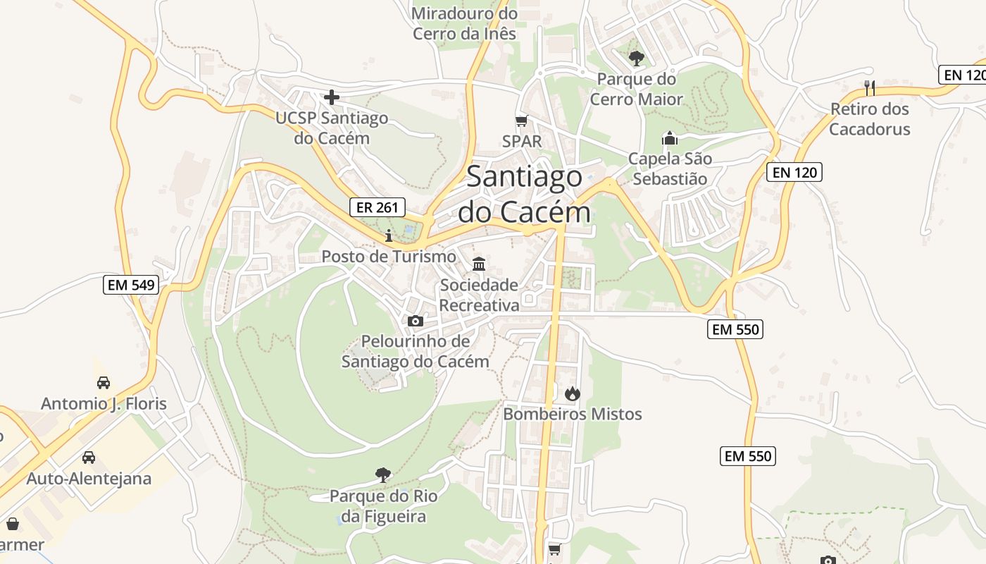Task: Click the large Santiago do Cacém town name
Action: [x=524, y=194]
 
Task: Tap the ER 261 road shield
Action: [x=377, y=207]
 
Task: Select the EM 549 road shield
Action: [x=131, y=285]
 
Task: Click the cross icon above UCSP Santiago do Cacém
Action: [x=332, y=97]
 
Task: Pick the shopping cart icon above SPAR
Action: [x=522, y=121]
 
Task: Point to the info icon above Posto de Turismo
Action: [x=388, y=235]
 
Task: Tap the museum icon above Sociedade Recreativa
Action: [x=480, y=264]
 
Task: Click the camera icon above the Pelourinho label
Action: [x=416, y=321]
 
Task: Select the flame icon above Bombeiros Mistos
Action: [x=573, y=393]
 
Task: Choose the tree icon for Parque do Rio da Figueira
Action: [x=383, y=475]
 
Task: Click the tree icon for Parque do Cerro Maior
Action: [x=637, y=58]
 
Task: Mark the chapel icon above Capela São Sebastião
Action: [x=669, y=138]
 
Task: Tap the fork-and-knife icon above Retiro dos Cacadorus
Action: [x=870, y=87]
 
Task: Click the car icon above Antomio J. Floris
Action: [x=104, y=383]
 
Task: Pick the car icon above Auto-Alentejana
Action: [x=89, y=458]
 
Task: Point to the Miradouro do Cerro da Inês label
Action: [x=465, y=23]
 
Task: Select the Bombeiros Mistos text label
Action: [x=573, y=414]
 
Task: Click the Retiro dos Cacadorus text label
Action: [x=870, y=119]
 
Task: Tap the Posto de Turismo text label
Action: [x=389, y=256]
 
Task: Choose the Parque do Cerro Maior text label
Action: [x=637, y=89]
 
